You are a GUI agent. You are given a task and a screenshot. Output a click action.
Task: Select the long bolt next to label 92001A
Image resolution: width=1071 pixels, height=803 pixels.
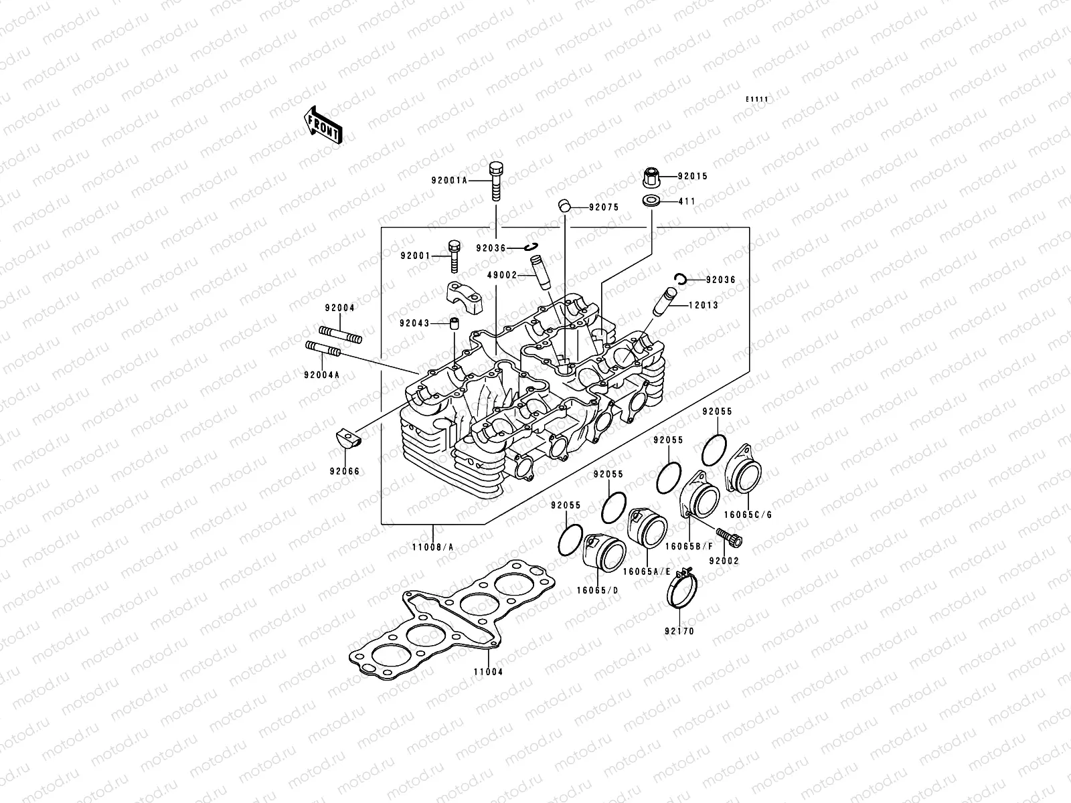pyautogui.click(x=495, y=173)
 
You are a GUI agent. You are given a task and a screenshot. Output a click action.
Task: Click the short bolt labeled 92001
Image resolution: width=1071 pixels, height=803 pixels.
pyautogui.click(x=453, y=256)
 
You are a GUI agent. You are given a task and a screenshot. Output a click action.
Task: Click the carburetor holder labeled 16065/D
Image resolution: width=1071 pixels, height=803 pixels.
pyautogui.click(x=604, y=559)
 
